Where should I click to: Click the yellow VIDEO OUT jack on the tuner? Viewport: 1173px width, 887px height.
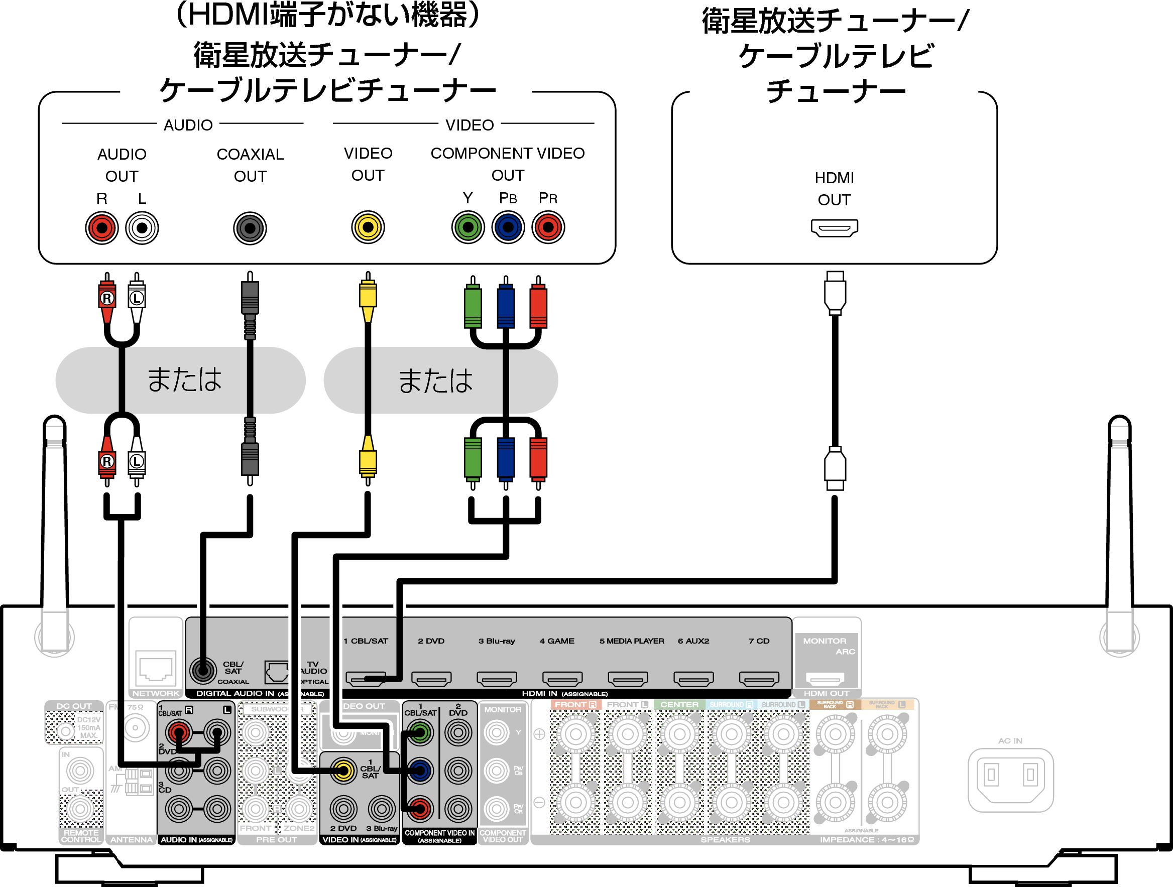pos(368,227)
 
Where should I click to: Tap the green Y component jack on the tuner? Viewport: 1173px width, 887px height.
pos(467,227)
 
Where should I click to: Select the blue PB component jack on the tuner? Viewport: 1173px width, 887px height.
pos(508,227)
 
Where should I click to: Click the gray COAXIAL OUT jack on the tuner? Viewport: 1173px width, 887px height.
pos(250,228)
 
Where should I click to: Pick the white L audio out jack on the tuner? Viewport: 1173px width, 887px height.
pos(142,228)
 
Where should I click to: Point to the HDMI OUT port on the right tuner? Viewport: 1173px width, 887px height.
pos(834,228)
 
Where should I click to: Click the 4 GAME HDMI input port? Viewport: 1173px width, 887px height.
pos(562,679)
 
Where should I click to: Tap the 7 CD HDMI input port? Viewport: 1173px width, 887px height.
pos(759,679)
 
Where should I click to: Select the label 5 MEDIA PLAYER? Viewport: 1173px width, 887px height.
pos(632,641)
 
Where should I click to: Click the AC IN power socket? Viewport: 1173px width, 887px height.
pos(1010,779)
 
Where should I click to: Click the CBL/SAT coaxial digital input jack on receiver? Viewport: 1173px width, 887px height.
pos(202,671)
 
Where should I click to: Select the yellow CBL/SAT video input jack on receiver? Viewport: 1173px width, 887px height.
pos(343,771)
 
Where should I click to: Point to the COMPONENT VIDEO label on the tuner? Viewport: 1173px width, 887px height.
pos(508,154)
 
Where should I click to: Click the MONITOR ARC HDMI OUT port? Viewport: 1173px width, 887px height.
pos(825,679)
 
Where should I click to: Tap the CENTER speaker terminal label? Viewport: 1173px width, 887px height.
pos(679,705)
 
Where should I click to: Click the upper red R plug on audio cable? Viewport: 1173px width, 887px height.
pos(107,299)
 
